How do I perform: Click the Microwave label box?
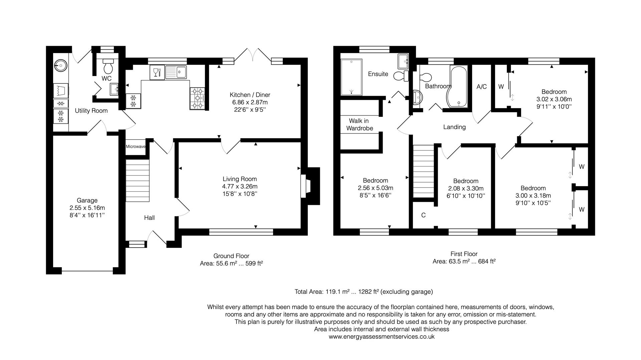pos(136,147)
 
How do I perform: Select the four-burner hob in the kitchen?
pos(197,98)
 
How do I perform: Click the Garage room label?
pos(87,200)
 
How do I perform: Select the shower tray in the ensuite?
pos(351,77)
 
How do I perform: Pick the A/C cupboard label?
pos(481,87)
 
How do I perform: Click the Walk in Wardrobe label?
pos(359,124)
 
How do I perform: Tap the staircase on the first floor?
pos(423,171)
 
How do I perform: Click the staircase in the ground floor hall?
pos(137,181)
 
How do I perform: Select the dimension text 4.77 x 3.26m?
pos(240,187)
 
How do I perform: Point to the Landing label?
pos(454,127)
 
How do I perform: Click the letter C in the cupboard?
pos(423,215)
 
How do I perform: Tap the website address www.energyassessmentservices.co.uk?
pos(382,337)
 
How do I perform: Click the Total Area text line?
pos(364,292)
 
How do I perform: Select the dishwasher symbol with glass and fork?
pos(157,72)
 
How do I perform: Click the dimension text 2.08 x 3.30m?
pos(465,189)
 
